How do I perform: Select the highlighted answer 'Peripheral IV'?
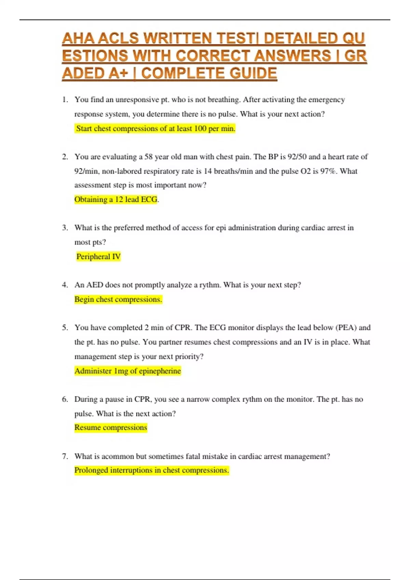click(x=98, y=257)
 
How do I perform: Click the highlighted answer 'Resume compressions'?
click(x=111, y=427)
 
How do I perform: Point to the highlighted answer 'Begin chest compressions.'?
click(x=118, y=299)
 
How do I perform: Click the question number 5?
click(x=65, y=328)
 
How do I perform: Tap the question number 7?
click(x=65, y=456)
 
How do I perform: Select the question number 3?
click(x=65, y=228)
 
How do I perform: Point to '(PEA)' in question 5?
click(x=346, y=328)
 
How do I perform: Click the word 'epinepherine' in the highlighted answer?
click(x=160, y=371)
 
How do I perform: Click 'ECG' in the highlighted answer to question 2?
click(x=149, y=199)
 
